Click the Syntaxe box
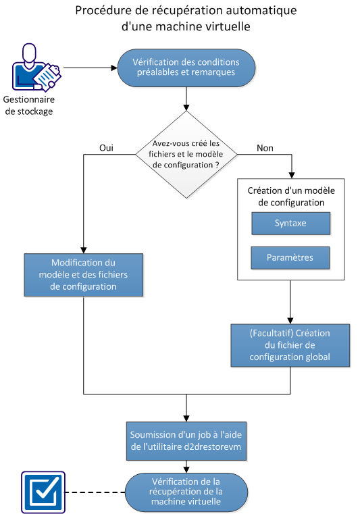pos(290,223)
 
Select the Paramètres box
pos(290,257)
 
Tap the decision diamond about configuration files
pos(186,155)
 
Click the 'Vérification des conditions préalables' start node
pos(186,68)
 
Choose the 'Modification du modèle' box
pos(84,275)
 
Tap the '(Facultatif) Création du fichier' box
pos(290,346)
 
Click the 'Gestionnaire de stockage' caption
pos(33,106)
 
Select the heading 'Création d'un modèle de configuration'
pos(290,197)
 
